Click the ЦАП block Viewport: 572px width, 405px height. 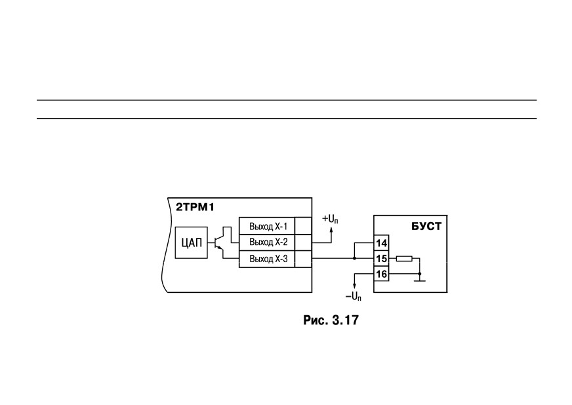(x=191, y=242)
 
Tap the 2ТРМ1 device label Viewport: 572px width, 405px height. (x=195, y=208)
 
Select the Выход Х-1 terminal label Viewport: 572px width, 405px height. (x=268, y=226)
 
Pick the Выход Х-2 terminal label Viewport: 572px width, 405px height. (x=268, y=242)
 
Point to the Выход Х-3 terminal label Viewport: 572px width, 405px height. (x=268, y=259)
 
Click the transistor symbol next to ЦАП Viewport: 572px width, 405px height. (x=219, y=242)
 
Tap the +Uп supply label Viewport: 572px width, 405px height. (x=330, y=219)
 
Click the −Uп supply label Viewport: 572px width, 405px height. (x=354, y=297)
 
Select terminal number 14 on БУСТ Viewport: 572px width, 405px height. (x=381, y=243)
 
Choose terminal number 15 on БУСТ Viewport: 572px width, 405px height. (x=381, y=258)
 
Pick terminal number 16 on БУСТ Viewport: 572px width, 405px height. (x=381, y=274)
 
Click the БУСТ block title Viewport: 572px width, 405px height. (x=426, y=226)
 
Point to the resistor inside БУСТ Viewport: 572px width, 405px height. (x=404, y=258)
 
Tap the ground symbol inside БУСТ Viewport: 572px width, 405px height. (x=420, y=280)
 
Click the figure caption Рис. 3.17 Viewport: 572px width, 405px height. (x=331, y=320)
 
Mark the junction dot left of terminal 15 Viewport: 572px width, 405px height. (x=354, y=258)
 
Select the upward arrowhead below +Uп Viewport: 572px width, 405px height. (x=331, y=229)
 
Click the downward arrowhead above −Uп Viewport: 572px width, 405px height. (x=354, y=287)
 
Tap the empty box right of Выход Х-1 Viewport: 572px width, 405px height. (x=303, y=226)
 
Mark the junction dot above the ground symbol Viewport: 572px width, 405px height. (x=420, y=273)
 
